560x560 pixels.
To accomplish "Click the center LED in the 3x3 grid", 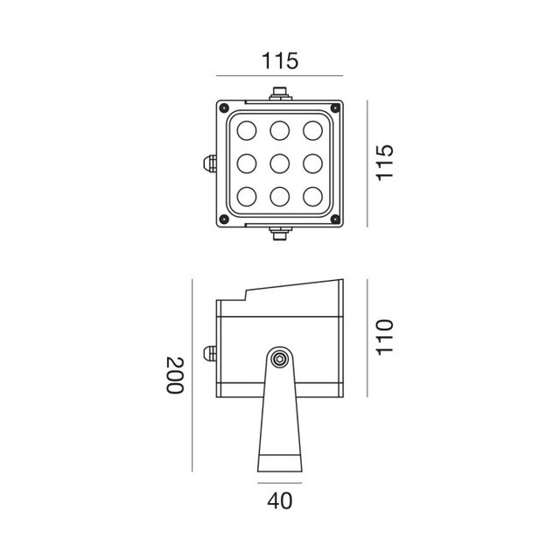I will point(279,163).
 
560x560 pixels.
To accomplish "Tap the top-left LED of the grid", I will point(247,131).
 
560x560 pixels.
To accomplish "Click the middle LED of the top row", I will point(279,131).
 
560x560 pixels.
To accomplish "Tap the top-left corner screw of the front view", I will point(225,108).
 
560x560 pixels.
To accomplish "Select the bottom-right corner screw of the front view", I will point(334,219).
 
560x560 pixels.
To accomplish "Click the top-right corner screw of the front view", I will point(334,108).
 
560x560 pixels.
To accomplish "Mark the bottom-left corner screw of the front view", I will point(225,219).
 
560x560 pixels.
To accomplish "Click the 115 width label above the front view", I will point(280,61).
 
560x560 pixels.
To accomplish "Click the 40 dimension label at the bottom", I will point(279,501).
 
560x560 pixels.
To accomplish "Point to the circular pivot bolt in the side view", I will point(279,358).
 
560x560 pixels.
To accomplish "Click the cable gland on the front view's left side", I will point(209,163).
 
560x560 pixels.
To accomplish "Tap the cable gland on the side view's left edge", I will point(209,354).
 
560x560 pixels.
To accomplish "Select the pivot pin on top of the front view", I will point(279,92).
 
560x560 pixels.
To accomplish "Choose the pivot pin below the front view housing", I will point(279,232).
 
